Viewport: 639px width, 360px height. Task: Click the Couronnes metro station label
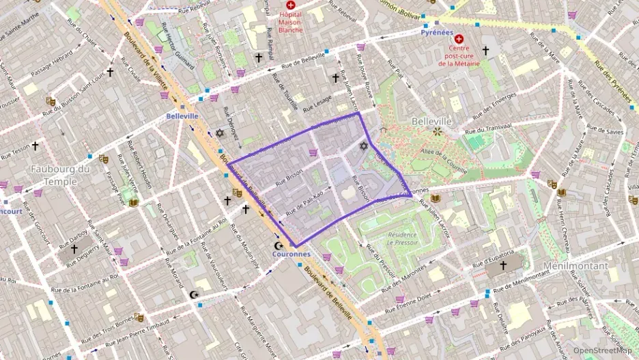(291, 254)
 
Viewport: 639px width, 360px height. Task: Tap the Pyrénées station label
(437, 32)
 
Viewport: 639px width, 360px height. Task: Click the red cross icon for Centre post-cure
(459, 40)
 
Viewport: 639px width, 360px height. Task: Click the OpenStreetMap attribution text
(603, 350)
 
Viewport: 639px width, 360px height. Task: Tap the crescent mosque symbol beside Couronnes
(278, 245)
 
